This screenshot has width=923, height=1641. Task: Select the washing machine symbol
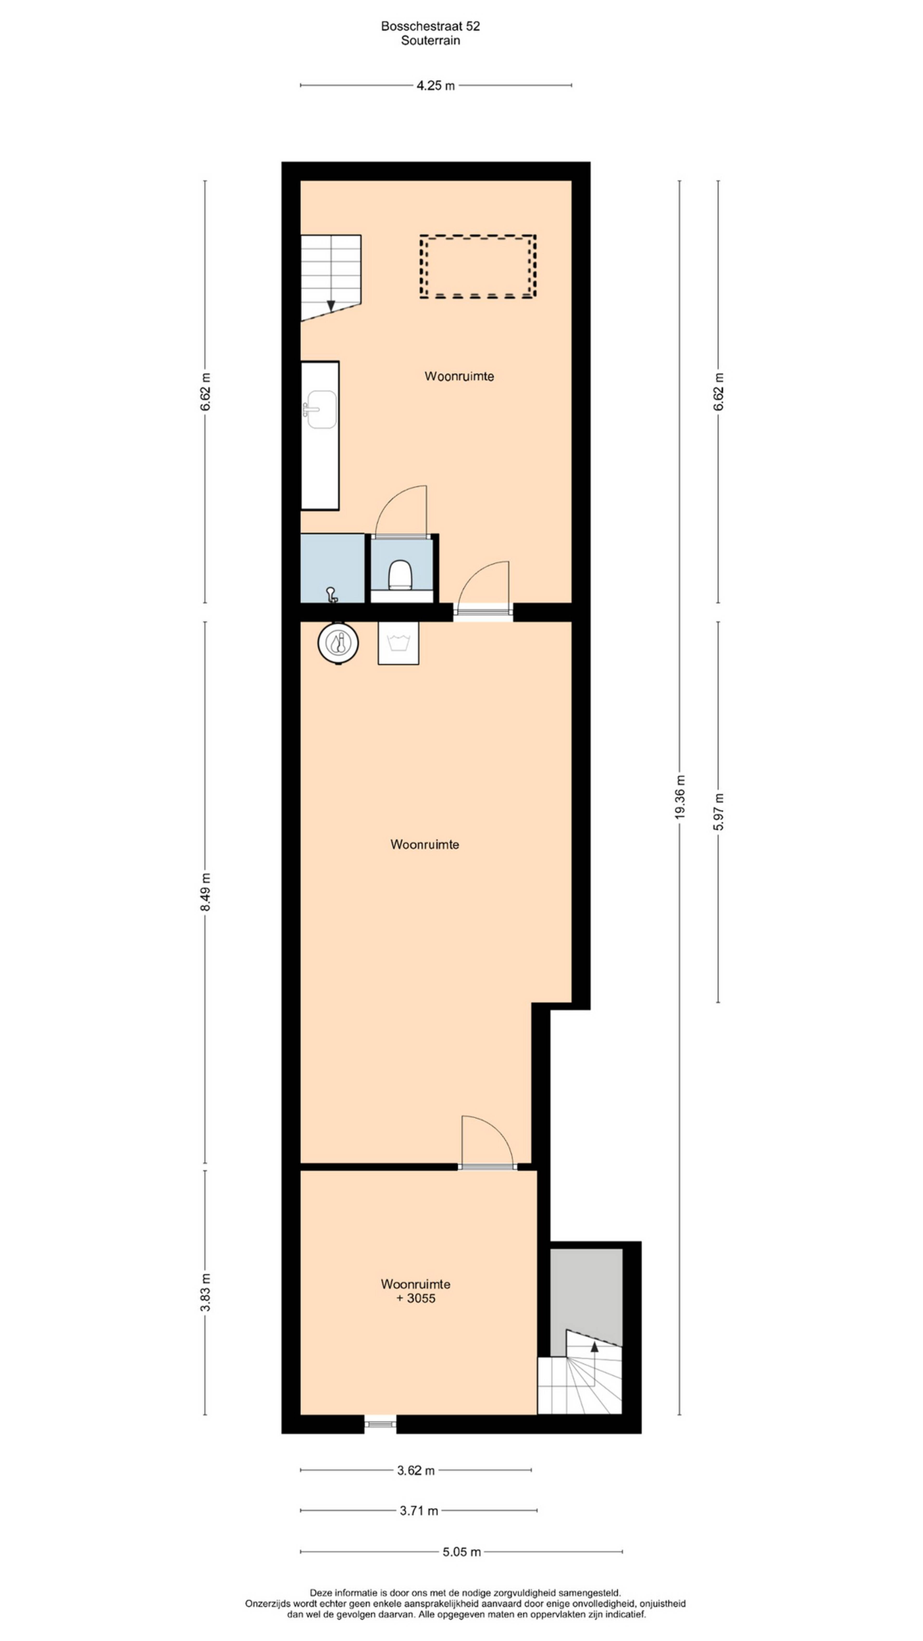click(398, 643)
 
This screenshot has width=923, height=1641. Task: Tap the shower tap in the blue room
click(331, 594)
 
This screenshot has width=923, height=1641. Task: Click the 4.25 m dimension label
click(436, 85)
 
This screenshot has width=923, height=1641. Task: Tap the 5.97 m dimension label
click(718, 812)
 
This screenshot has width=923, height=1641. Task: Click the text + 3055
click(416, 1298)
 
